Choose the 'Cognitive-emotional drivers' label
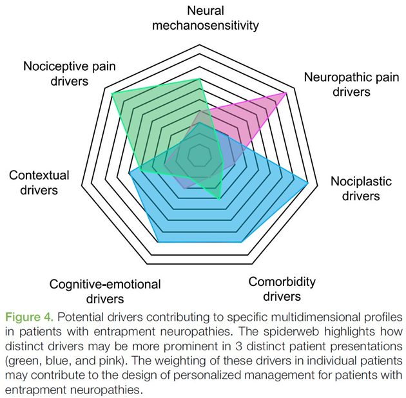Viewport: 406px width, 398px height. [x=105, y=291]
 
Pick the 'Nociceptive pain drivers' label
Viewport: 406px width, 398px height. [x=64, y=73]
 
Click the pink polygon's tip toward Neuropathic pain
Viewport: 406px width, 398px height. [x=285, y=93]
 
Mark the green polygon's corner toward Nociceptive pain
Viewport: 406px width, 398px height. [x=112, y=94]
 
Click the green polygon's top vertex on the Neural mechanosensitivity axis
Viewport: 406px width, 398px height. [x=200, y=79]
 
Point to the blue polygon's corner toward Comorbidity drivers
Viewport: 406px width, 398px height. [x=243, y=242]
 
